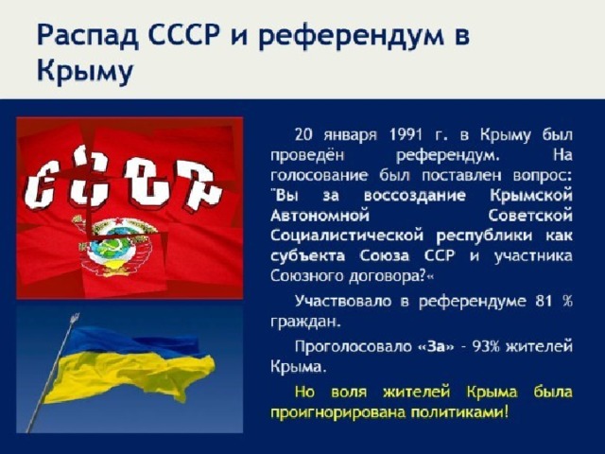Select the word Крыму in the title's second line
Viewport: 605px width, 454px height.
pos(85,72)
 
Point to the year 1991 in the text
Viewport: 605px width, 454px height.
pos(405,135)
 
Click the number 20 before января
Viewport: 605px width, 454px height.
pos(303,135)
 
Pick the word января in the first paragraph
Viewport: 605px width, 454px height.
pos(350,136)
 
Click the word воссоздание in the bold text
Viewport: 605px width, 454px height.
pos(415,196)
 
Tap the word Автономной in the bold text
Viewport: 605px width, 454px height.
pos(320,216)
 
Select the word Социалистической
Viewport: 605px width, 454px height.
pos(347,236)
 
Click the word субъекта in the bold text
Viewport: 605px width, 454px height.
pos(307,256)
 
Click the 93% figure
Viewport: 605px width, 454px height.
pos(485,346)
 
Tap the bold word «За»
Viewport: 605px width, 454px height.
pos(437,346)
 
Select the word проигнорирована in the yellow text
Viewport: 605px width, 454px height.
pos(337,413)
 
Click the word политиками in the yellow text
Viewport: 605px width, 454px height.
pos(458,412)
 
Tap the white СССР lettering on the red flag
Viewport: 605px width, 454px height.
pos(123,183)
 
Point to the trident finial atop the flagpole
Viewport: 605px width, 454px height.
pos(74,318)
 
